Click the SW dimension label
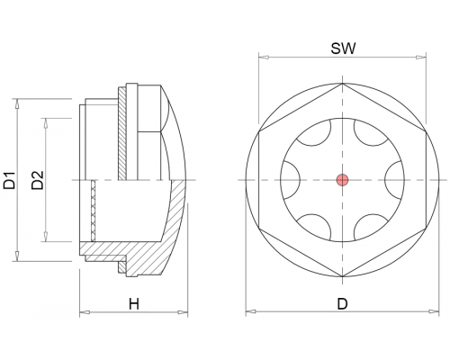(x=343, y=49)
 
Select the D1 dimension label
(x=9, y=180)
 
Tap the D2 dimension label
(x=38, y=180)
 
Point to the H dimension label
(x=134, y=304)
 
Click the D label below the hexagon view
(x=342, y=304)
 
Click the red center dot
(x=342, y=180)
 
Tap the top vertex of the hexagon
(x=342, y=83)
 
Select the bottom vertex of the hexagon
(x=342, y=277)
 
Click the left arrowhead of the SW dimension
(x=264, y=57)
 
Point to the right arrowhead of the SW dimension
(x=421, y=57)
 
